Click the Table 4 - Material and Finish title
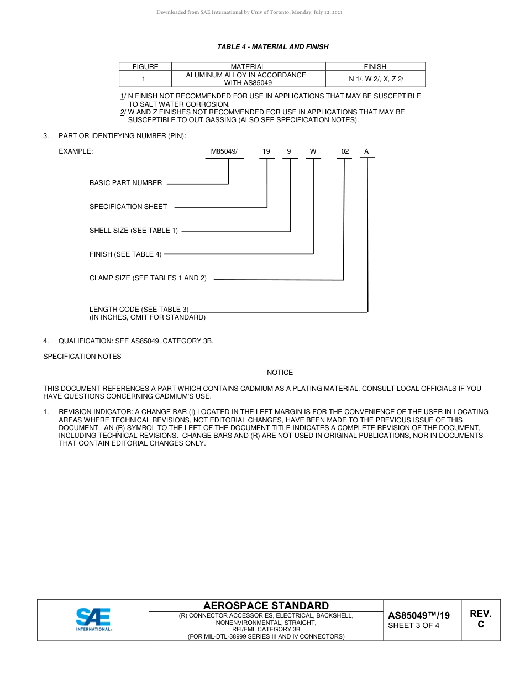pyautogui.click(x=272, y=47)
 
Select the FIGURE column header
pyautogui.click(x=145, y=67)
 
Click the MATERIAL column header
pyautogui.click(x=248, y=67)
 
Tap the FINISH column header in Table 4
pyautogui.click(x=375, y=67)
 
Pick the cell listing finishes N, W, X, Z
pyautogui.click(x=376, y=79)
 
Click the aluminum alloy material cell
pyautogui.click(x=248, y=79)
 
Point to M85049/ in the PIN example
pyautogui.click(x=224, y=151)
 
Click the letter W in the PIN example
pyautogui.click(x=313, y=151)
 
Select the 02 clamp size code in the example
pyautogui.click(x=345, y=151)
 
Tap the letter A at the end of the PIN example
pyautogui.click(x=366, y=151)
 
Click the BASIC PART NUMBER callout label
pyautogui.click(x=126, y=183)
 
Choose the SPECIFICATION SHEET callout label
pyautogui.click(x=128, y=207)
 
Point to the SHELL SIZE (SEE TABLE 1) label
pyautogui.click(x=134, y=231)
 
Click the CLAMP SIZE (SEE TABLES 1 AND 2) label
pyautogui.click(x=148, y=278)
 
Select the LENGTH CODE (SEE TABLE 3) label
pyautogui.click(x=139, y=310)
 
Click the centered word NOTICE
pyautogui.click(x=280, y=373)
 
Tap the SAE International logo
pyautogui.click(x=93, y=620)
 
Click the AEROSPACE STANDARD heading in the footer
pyautogui.click(x=266, y=606)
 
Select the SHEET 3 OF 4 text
pyautogui.click(x=414, y=626)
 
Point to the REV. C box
pyautogui.click(x=480, y=619)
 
